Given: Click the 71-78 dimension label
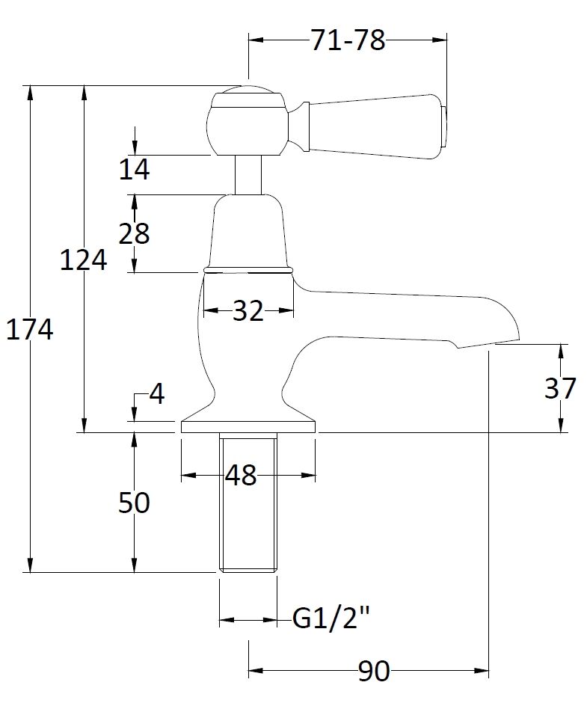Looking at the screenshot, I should click(x=348, y=40).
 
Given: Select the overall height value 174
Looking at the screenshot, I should click(x=30, y=329).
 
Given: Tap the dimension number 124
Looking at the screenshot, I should click(x=83, y=261).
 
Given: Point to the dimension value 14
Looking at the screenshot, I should click(x=135, y=170).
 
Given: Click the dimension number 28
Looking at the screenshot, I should click(x=135, y=234).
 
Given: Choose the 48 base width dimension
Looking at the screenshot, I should click(x=240, y=475).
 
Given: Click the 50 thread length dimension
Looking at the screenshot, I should click(x=135, y=503).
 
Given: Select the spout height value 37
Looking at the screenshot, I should click(x=560, y=388).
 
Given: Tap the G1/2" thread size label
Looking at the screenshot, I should click(x=331, y=619).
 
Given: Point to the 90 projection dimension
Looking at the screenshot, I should click(x=373, y=672).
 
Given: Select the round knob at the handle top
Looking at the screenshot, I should click(x=247, y=121).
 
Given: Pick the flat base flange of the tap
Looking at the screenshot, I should click(x=248, y=426).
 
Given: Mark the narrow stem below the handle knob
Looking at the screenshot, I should click(x=248, y=175).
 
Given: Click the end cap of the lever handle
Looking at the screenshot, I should click(x=444, y=127).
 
